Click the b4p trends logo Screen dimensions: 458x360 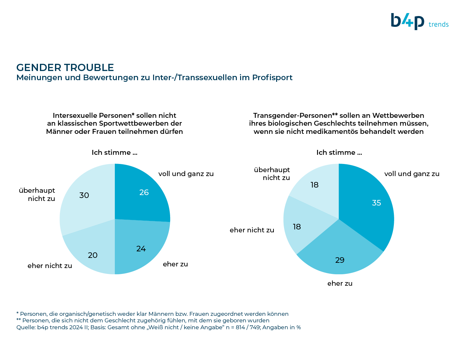tap(419, 22)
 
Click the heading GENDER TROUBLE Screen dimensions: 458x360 tap(65, 68)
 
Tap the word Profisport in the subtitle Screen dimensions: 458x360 tap(272, 78)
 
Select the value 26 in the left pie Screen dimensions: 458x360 tap(144, 192)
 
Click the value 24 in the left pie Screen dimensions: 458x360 tap(141, 249)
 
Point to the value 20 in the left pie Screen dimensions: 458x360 tap(93, 255)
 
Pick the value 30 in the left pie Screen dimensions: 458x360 tap(84, 195)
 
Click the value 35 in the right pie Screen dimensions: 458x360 tap(377, 203)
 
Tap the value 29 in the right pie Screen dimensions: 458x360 tap(340, 260)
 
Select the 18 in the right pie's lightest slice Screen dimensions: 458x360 tap(314, 185)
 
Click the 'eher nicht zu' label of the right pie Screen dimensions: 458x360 tap(252, 230)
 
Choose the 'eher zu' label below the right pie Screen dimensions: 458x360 tap(340, 283)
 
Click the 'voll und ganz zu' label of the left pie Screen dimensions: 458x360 tap(186, 174)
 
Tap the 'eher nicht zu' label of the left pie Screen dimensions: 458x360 tap(50, 265)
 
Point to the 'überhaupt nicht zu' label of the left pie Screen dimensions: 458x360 tap(37, 194)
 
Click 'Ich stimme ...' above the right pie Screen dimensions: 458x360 tap(339, 153)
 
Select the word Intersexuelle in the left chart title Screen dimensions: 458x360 tap(75, 116)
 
